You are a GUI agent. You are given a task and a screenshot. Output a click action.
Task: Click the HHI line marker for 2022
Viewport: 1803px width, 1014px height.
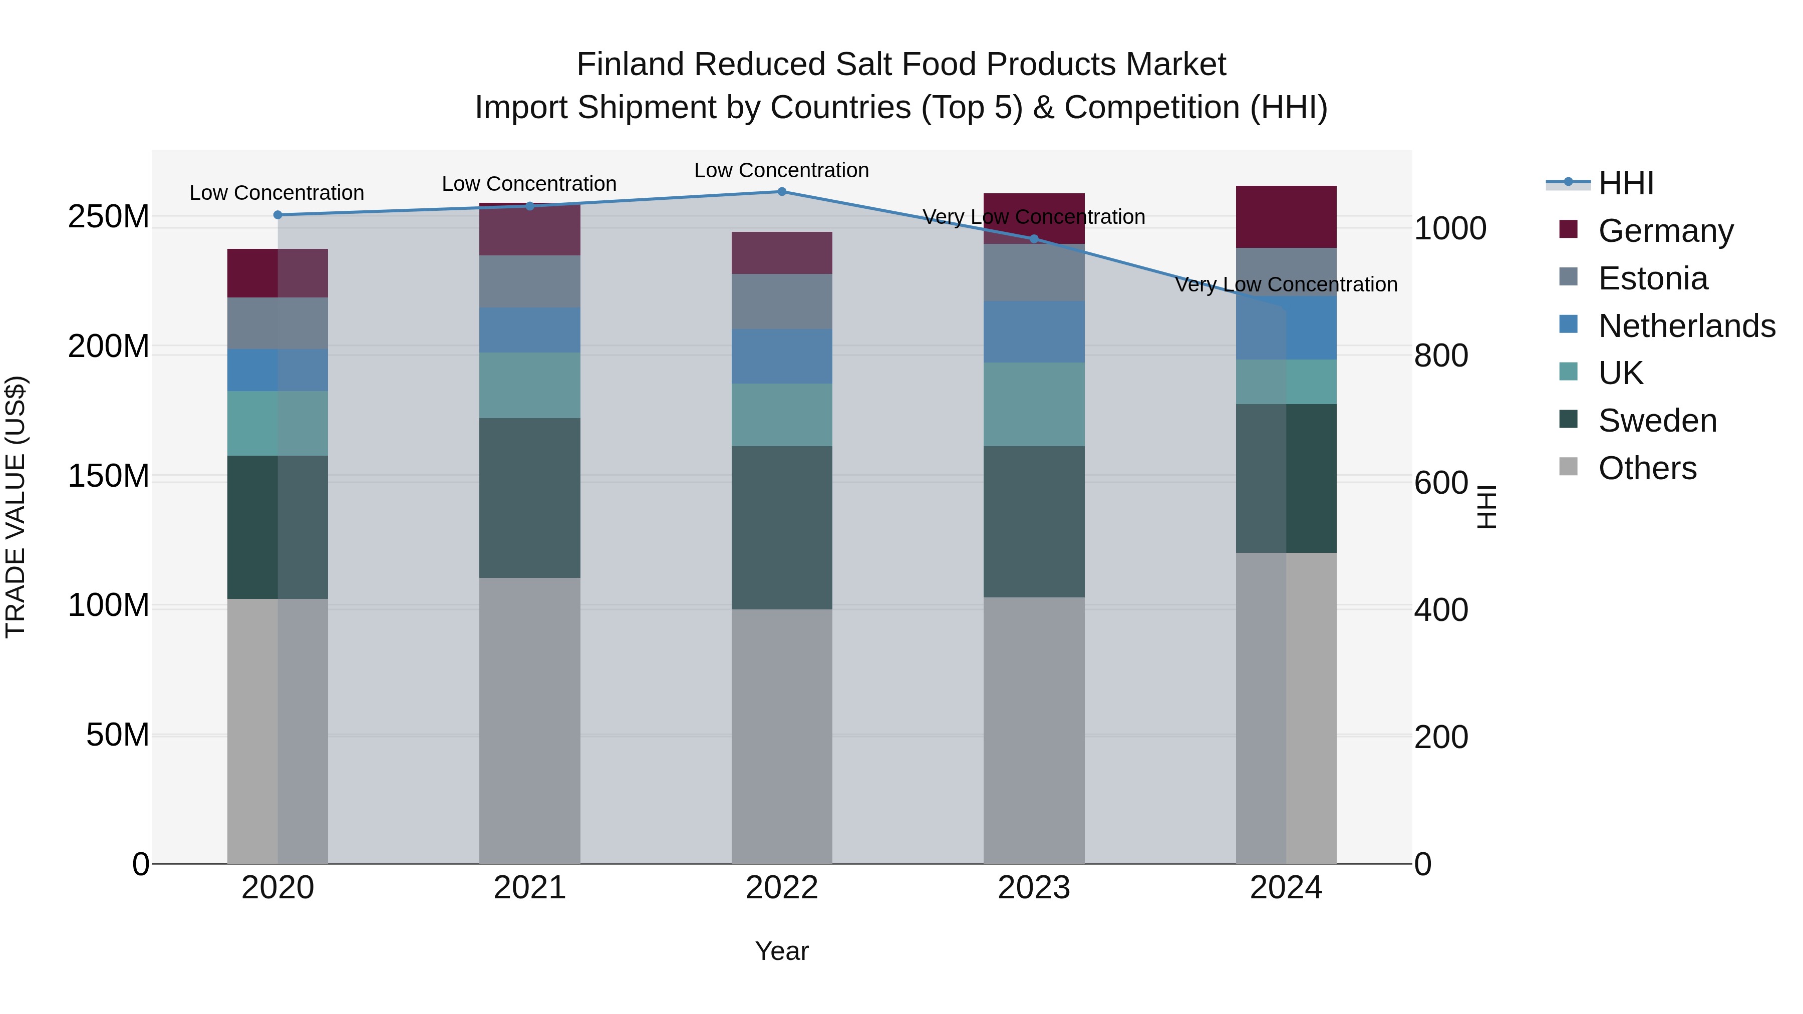point(782,192)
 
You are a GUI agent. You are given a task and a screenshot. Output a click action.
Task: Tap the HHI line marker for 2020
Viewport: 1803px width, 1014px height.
point(278,215)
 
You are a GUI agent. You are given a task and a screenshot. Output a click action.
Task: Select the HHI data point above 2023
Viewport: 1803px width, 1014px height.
point(1034,239)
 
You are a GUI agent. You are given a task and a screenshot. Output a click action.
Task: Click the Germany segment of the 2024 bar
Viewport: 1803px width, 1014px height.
point(1286,217)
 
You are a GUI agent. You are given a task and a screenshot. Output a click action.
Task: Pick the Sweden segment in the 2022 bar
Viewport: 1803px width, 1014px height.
point(782,528)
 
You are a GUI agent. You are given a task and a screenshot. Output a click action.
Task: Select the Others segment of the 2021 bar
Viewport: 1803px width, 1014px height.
point(530,720)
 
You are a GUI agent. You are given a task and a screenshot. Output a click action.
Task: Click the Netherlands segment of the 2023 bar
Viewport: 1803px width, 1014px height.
point(1034,331)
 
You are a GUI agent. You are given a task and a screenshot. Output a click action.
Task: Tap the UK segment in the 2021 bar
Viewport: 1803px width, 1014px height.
point(530,386)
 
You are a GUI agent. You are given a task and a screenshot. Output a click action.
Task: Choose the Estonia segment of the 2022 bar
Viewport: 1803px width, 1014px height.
point(782,301)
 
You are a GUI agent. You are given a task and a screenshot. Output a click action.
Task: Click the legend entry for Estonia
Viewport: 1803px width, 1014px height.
point(1653,278)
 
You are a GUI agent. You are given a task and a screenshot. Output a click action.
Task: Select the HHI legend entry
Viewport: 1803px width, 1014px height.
point(1626,183)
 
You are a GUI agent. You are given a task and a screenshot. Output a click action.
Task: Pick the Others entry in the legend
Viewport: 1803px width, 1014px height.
point(1647,468)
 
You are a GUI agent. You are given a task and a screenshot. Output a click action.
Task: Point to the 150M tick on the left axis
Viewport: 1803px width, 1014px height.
point(109,477)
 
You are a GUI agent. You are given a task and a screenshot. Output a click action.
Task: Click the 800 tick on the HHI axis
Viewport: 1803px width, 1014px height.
point(1440,356)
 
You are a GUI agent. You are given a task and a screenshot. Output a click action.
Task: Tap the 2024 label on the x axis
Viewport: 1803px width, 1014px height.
point(1286,888)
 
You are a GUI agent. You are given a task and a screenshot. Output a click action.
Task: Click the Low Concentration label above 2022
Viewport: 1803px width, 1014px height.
point(782,170)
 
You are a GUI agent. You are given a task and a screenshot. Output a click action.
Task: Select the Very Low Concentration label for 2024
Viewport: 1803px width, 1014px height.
point(1286,285)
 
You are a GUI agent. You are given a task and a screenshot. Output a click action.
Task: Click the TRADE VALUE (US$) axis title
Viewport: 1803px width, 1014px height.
point(16,507)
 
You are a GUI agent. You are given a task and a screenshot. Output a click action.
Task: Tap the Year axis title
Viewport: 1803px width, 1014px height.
point(782,951)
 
